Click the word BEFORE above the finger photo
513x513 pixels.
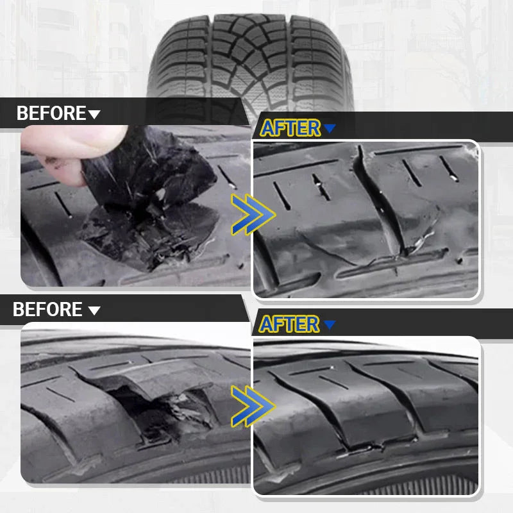point(51,114)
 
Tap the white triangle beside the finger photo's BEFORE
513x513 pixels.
point(94,115)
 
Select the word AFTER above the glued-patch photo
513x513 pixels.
point(290,128)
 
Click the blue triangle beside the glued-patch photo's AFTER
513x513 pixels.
point(330,129)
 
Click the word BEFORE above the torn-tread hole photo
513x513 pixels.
point(48,310)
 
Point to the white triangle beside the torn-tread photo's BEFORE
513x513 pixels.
point(94,311)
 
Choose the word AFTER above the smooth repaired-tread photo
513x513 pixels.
point(289,324)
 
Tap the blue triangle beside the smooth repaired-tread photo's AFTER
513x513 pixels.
point(330,325)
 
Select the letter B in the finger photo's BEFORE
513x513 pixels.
point(22,114)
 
